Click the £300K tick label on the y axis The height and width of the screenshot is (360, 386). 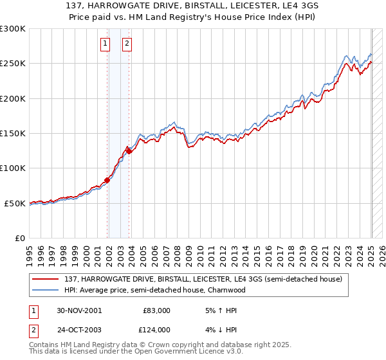pos(13,29)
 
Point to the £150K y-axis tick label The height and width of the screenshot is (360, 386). pos(13,134)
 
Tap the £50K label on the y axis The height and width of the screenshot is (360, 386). pos(15,203)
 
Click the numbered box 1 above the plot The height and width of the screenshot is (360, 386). pos(105,44)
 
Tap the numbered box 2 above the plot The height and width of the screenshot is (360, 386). pos(127,44)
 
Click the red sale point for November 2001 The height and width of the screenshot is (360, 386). pos(107,180)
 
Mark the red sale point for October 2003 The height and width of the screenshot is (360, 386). pos(129,152)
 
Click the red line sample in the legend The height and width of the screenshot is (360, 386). pos(46,279)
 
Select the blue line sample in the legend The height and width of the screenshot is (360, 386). pos(46,290)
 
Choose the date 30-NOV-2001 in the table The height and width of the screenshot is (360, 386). pos(79,310)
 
